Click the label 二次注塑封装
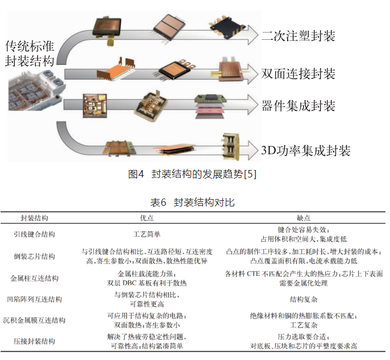click(298, 36)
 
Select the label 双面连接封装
click(298, 74)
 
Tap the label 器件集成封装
click(298, 106)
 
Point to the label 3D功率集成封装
click(305, 150)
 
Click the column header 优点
click(146, 218)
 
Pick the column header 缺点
click(304, 218)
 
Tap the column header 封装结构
click(34, 218)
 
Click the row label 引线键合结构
click(34, 234)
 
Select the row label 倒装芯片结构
click(34, 256)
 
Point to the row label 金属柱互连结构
click(34, 278)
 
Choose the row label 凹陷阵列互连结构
click(34, 299)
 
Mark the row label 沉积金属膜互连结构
click(34, 320)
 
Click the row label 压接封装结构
click(34, 341)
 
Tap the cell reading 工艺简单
click(147, 234)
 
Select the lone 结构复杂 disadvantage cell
click(304, 299)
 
